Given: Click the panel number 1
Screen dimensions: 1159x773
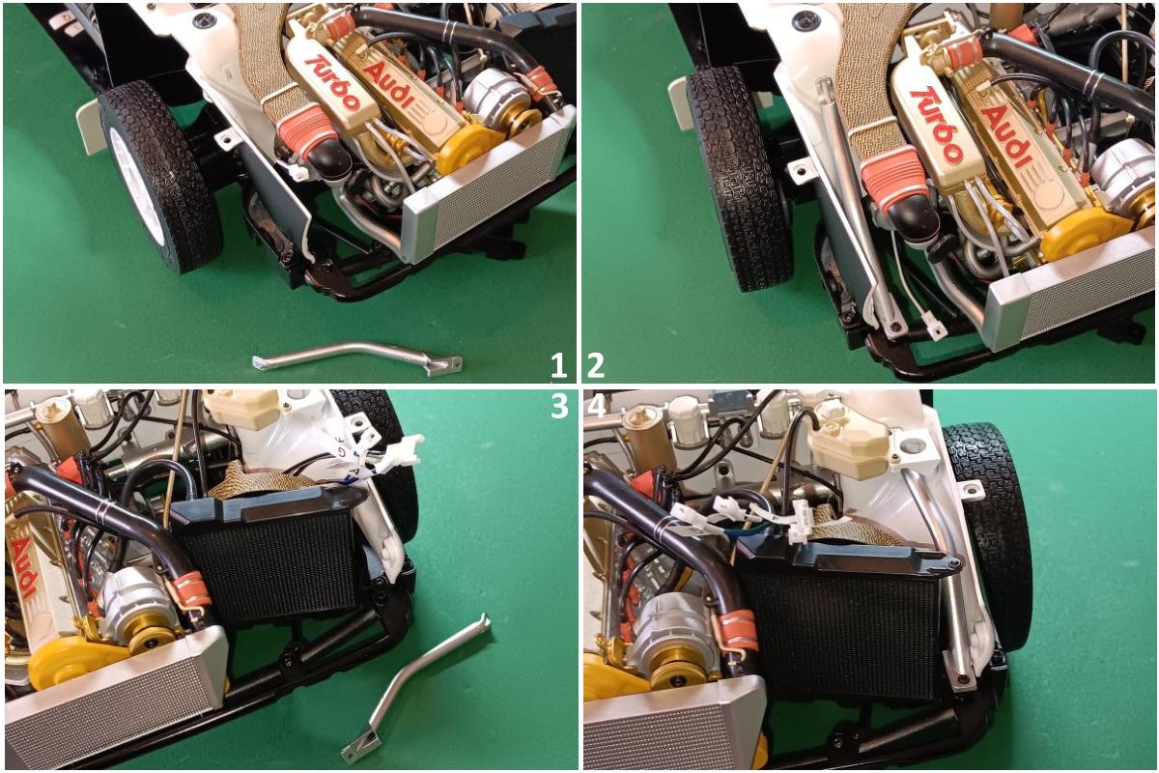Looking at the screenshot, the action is click(x=558, y=366).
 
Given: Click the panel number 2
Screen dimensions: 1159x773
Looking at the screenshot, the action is click(x=596, y=366).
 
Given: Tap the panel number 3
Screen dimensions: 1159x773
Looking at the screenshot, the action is click(x=559, y=407).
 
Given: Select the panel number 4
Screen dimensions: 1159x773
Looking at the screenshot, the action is click(x=597, y=407).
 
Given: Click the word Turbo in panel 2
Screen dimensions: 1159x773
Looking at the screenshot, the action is click(x=938, y=126).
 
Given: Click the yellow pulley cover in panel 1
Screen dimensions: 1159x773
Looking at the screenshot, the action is click(x=466, y=148).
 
